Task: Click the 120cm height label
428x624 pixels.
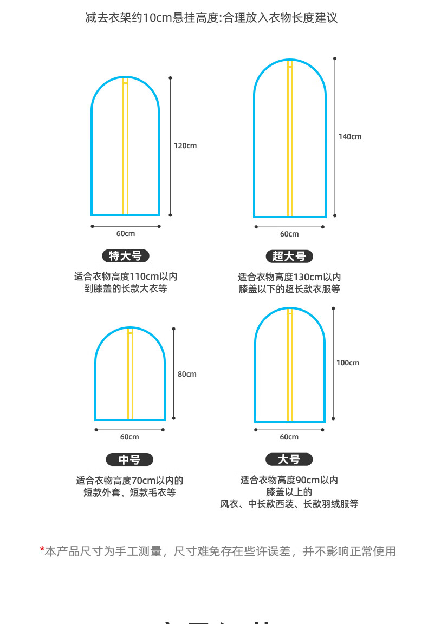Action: (185, 146)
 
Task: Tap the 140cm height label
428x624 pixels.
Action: (350, 136)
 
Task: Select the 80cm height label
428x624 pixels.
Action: (187, 374)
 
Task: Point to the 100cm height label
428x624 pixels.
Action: (348, 363)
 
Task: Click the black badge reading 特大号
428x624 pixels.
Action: (125, 256)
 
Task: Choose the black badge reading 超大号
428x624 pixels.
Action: (289, 257)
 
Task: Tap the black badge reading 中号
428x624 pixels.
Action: (129, 460)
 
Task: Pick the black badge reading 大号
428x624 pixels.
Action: (289, 459)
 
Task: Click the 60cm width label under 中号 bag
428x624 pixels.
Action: (129, 437)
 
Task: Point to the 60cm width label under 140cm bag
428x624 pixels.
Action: (289, 234)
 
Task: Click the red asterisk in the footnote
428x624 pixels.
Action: (42, 551)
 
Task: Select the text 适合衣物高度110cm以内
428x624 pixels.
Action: (126, 277)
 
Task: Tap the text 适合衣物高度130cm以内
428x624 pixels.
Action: (289, 277)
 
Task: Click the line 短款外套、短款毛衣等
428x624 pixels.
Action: (129, 492)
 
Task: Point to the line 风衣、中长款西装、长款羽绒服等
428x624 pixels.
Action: (289, 504)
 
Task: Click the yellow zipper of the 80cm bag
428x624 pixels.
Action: (130, 379)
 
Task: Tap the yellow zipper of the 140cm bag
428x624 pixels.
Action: (290, 141)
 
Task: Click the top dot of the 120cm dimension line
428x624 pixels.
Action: (171, 77)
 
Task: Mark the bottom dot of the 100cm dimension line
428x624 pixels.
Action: (333, 418)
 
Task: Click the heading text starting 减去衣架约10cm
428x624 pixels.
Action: (211, 18)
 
